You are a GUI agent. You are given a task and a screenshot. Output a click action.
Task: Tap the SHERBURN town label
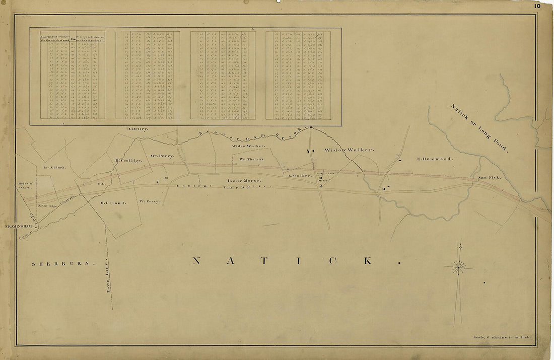63,264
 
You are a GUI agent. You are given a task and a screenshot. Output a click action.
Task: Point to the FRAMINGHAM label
19,227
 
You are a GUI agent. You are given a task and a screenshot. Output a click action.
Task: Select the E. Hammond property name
435,159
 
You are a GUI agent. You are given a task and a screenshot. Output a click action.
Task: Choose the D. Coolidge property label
128,161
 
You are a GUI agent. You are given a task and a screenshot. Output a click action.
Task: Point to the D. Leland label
112,203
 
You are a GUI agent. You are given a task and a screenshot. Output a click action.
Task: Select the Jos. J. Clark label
55,167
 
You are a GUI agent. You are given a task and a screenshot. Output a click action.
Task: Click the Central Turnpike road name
224,187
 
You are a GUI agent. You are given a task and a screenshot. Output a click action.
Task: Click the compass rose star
458,267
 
